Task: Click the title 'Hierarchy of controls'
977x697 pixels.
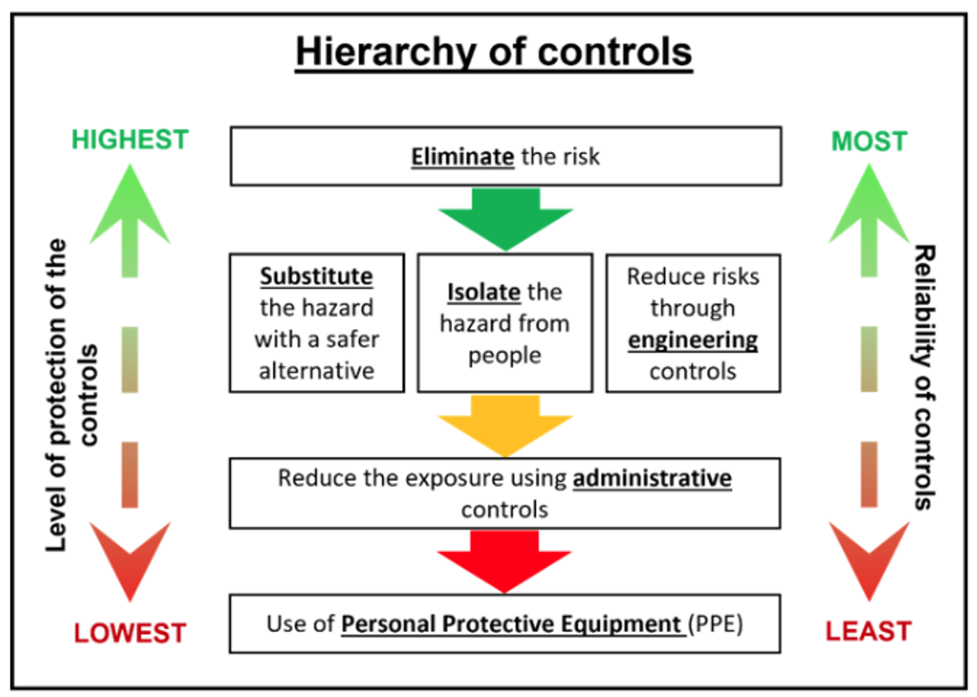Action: point(494,52)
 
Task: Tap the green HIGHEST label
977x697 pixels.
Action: point(130,140)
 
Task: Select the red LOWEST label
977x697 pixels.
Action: point(130,633)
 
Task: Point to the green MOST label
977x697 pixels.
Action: point(870,142)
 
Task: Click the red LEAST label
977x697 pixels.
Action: point(868,631)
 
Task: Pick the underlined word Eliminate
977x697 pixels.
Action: point(463,156)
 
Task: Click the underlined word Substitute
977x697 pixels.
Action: point(317,276)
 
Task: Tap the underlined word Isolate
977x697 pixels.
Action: point(484,292)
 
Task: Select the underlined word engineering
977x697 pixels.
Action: point(693,340)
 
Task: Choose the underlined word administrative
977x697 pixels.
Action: point(652,479)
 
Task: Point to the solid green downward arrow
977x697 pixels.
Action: point(505,220)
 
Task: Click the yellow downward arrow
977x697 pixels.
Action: point(505,426)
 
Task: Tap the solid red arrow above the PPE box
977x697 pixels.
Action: point(505,562)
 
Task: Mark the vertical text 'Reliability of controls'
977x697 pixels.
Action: point(925,377)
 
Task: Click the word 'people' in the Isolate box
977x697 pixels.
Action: point(505,356)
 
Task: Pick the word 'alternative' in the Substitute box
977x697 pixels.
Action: point(317,371)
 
